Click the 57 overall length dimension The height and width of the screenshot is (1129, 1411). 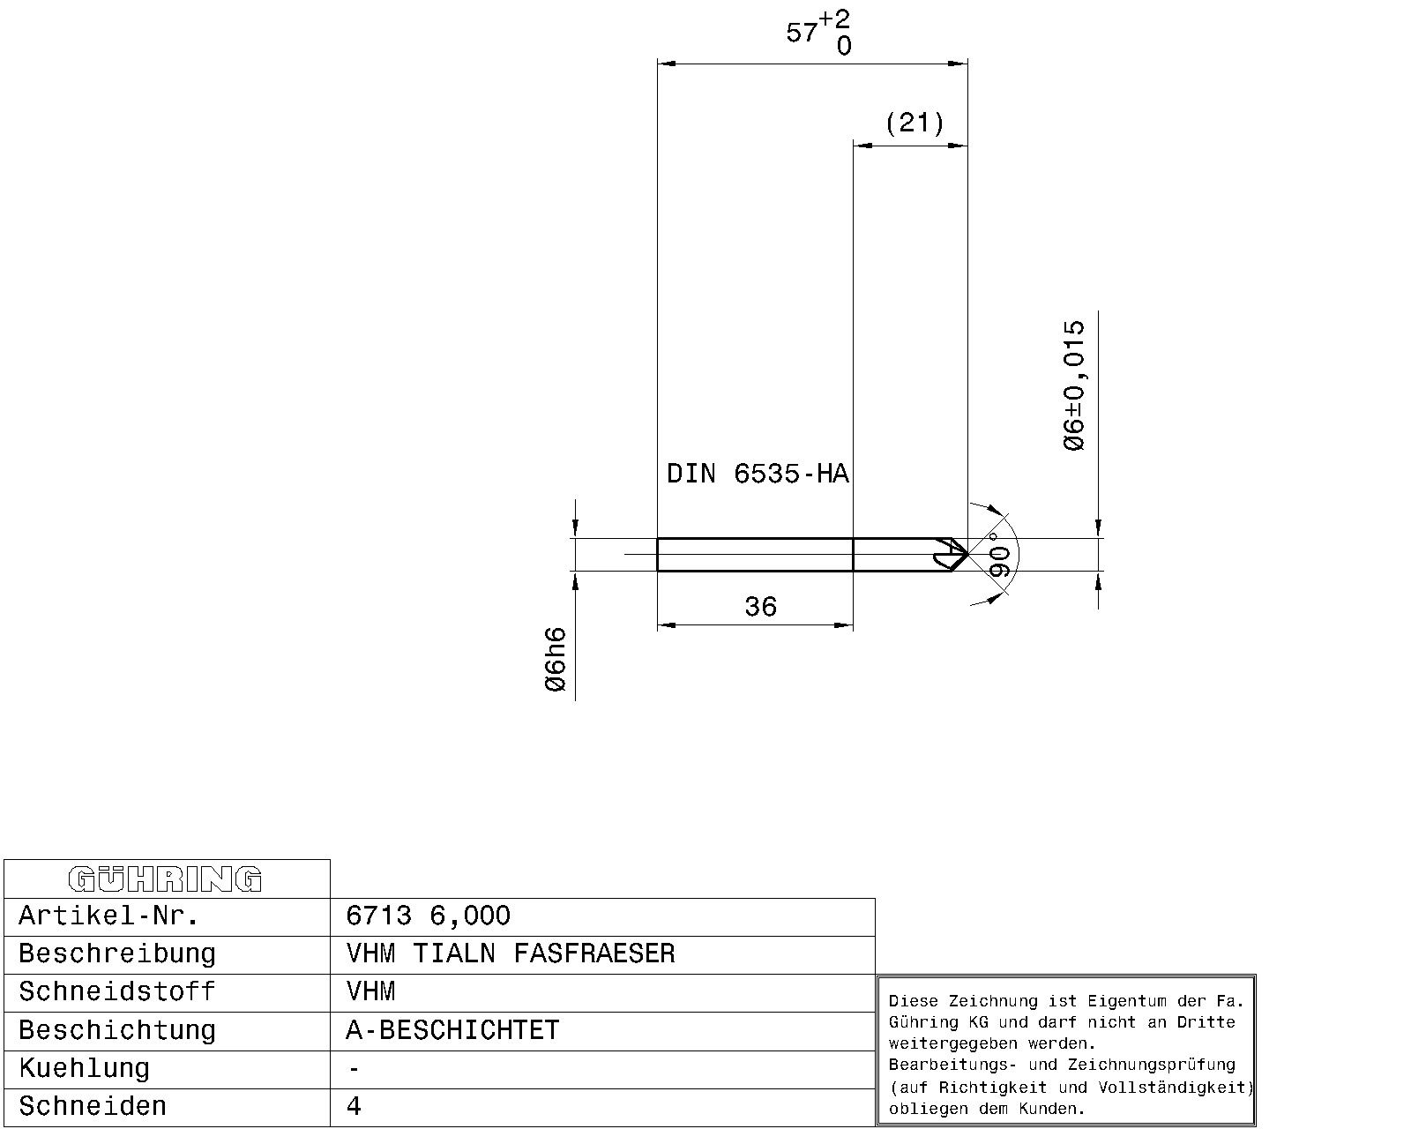point(802,32)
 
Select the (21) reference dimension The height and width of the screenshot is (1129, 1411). point(915,123)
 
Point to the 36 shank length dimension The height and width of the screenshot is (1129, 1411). point(760,607)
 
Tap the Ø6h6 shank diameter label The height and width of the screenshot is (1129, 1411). point(556,659)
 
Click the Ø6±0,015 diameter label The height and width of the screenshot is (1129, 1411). point(1074,385)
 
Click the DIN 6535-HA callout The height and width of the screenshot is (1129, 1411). point(758,474)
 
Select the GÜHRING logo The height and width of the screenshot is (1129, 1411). point(165,879)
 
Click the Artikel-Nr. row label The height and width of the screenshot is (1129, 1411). point(108,916)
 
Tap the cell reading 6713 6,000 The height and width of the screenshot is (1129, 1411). point(429,916)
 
